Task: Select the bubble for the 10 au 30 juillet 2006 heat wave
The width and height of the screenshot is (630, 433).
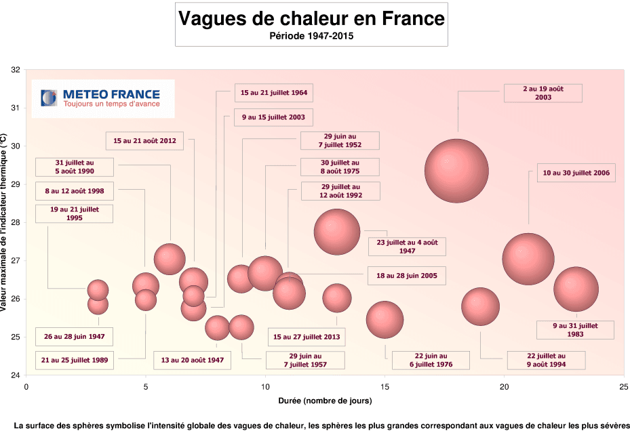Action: pos(528,259)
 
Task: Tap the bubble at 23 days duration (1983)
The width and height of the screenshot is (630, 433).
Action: pos(576,289)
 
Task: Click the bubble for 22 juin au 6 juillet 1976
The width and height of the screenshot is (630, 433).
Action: pos(385,319)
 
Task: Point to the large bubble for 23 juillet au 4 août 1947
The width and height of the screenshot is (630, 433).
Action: pos(336,231)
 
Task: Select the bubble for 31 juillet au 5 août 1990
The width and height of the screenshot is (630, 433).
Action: pos(170,258)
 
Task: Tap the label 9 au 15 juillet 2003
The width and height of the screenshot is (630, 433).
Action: pos(273,117)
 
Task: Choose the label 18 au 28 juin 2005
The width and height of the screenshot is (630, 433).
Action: pos(407,275)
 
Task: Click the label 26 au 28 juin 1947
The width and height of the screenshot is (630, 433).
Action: pos(73,336)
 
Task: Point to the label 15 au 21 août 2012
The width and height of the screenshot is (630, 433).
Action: pos(145,140)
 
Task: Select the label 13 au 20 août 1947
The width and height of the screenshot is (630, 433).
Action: pos(192,360)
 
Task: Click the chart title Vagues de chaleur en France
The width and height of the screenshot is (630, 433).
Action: pos(311,18)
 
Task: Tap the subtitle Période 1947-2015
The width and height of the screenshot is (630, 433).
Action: pos(311,36)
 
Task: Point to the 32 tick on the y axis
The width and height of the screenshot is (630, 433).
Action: pos(16,70)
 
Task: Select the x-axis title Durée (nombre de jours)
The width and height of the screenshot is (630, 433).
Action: pos(324,400)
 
